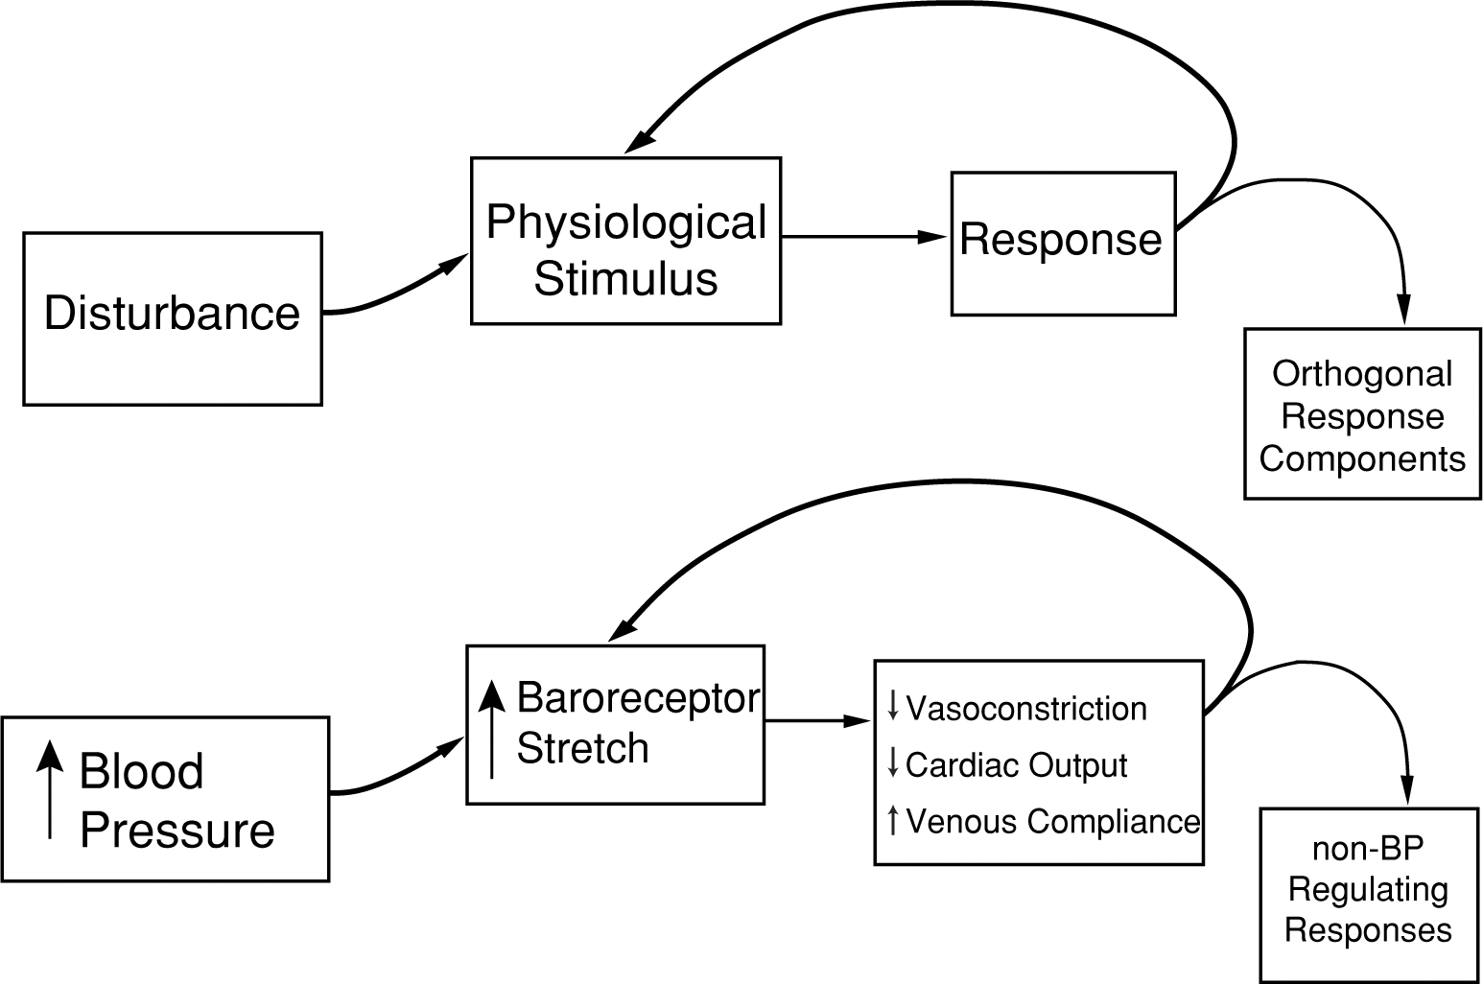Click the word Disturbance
[173, 314]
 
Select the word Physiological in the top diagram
[625, 223]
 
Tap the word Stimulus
[625, 279]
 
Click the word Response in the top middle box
[1061, 240]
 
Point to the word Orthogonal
[1362, 374]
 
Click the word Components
[1362, 458]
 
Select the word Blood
[141, 771]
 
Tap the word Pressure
[177, 831]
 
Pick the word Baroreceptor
[638, 698]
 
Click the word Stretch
[582, 748]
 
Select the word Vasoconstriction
[1025, 709]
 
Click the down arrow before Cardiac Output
[893, 763]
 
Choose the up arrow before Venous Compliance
[893, 820]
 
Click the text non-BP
[1368, 850]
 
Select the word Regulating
[1368, 890]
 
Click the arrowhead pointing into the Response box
[934, 237]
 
